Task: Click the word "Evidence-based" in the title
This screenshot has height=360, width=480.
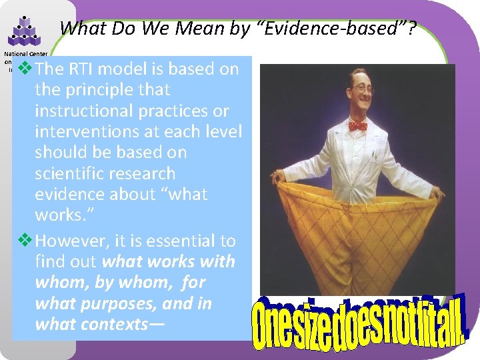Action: pos(304,29)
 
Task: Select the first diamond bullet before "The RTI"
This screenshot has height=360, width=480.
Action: pos(26,69)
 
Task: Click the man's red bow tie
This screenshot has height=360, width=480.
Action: pos(357,125)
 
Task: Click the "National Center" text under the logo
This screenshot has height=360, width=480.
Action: pos(22,54)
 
